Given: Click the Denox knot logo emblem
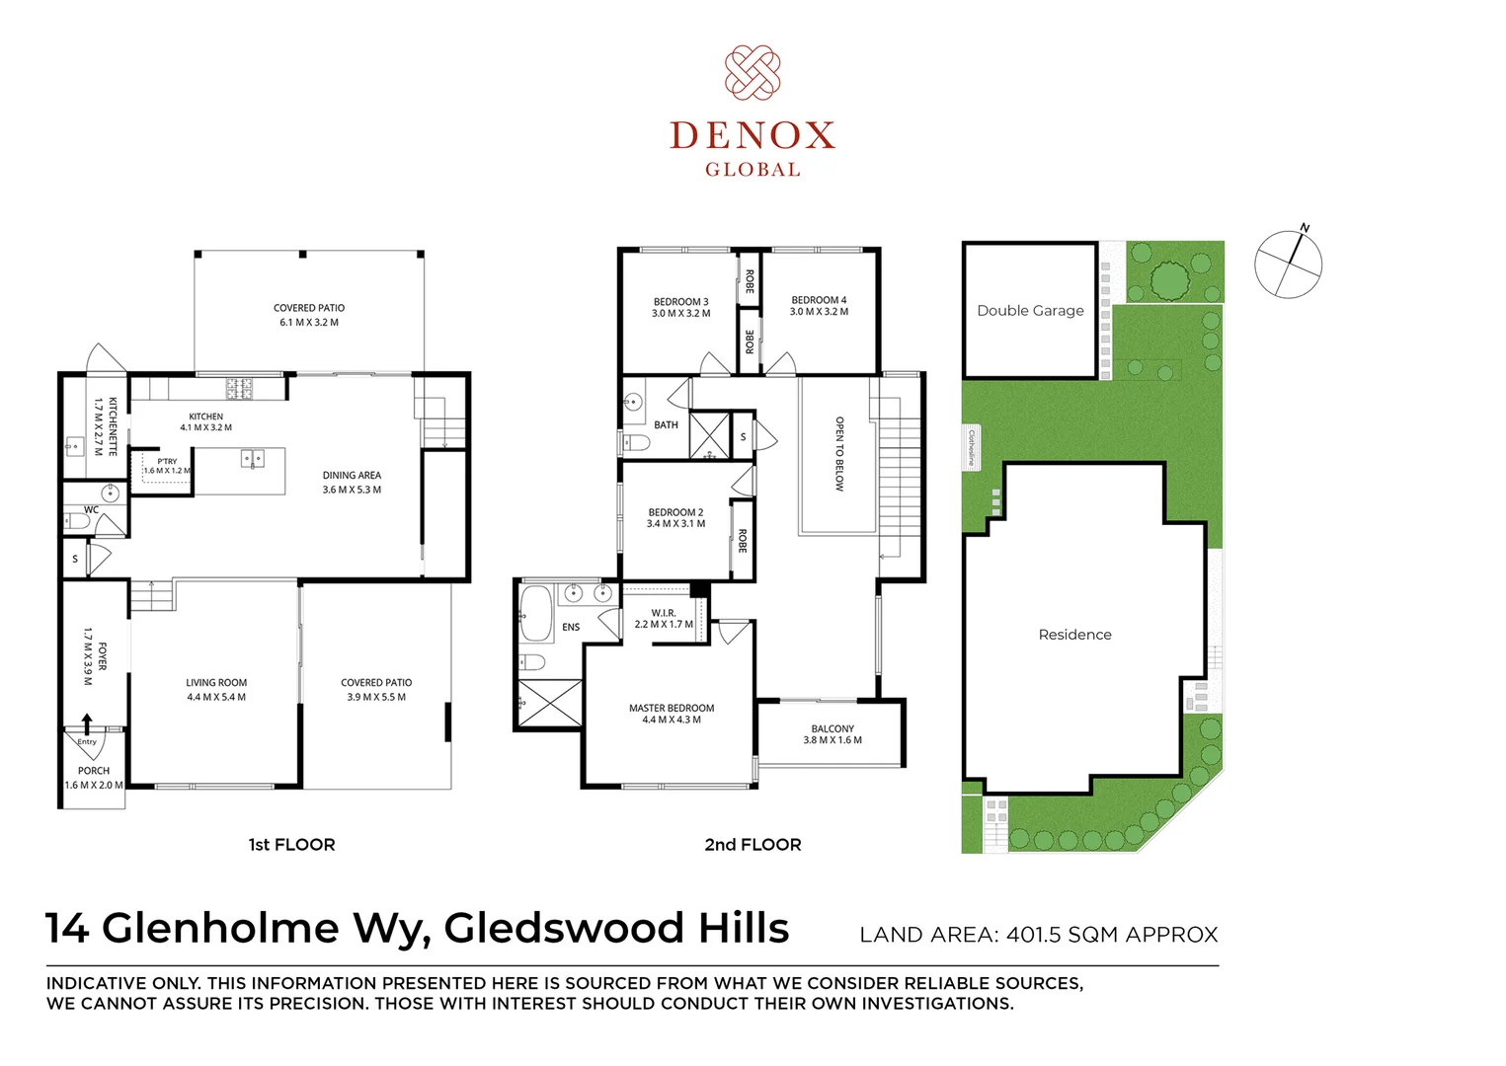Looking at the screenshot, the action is click(x=753, y=73).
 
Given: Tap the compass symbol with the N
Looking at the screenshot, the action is click(x=1288, y=263).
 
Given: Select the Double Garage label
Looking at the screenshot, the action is click(x=1030, y=311).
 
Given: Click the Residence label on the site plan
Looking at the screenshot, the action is click(x=1074, y=635).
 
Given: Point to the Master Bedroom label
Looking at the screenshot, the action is click(x=671, y=714).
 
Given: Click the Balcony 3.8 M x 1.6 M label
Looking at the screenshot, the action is click(x=832, y=734).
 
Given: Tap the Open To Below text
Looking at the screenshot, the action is click(x=839, y=454).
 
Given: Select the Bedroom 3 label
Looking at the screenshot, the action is click(x=680, y=307).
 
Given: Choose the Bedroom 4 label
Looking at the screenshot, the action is click(x=819, y=306).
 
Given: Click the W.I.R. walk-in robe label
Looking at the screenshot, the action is click(x=663, y=618).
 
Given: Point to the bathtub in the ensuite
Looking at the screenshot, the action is click(x=536, y=614).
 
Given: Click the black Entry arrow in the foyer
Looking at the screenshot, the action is click(x=87, y=723).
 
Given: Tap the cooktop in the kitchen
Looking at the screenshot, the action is click(x=239, y=388).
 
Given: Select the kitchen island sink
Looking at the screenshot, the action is click(x=252, y=459).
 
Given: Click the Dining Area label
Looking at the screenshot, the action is click(x=352, y=482).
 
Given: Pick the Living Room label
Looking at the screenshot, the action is click(x=216, y=690).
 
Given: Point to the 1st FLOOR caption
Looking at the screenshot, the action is click(x=291, y=845).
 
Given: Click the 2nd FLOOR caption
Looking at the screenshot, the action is click(x=753, y=845).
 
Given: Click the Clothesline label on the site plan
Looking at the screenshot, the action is click(x=971, y=448).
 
